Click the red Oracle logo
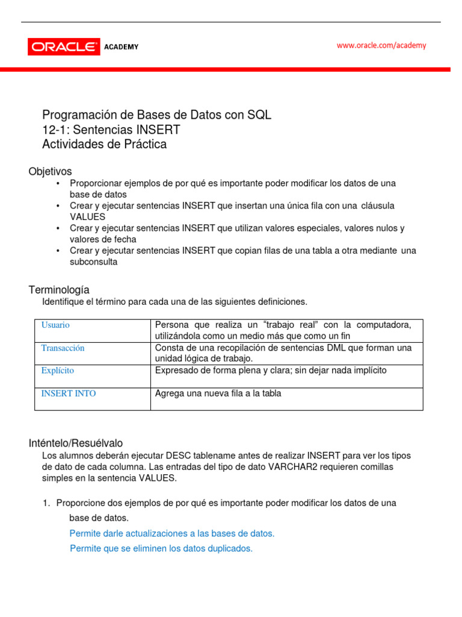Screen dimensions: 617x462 coord(64,46)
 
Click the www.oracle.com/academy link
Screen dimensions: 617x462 coord(381,45)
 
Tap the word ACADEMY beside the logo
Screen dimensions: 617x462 coord(121,47)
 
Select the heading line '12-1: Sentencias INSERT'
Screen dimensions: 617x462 coord(111,130)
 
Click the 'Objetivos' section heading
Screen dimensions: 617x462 coord(50,172)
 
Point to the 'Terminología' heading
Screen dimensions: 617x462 coord(59,290)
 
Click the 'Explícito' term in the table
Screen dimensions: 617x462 coord(58,371)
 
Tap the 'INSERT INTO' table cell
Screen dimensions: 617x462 coord(68,393)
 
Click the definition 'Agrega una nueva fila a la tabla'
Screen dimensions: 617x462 coord(218,393)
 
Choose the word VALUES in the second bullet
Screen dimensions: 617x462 coord(87,217)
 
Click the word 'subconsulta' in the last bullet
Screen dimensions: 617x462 coord(93,262)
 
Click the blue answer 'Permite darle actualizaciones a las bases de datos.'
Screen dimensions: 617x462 coord(172,533)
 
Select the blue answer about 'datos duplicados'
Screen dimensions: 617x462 coord(161,548)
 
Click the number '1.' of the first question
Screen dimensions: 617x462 coord(47,503)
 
